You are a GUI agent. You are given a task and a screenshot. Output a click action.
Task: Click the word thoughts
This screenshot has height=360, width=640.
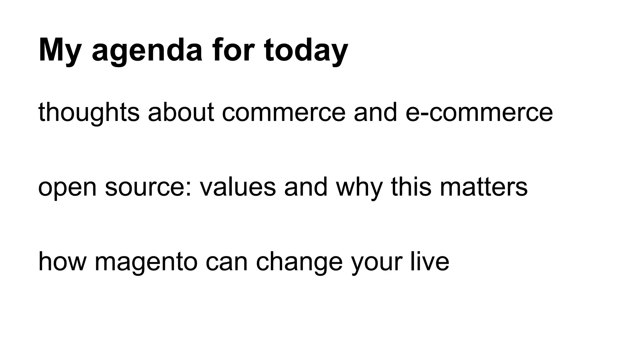(89, 112)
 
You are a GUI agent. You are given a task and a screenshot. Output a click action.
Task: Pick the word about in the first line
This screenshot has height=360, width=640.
(181, 112)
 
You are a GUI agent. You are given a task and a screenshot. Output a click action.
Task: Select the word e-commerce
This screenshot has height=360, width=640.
(479, 112)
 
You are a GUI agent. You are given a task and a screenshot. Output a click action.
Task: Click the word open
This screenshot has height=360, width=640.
(67, 187)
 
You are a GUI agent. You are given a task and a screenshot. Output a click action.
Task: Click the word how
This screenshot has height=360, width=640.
(62, 262)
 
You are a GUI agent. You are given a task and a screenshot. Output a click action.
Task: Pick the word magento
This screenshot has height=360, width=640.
(146, 262)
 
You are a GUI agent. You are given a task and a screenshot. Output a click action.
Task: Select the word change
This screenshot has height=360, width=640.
(299, 262)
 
